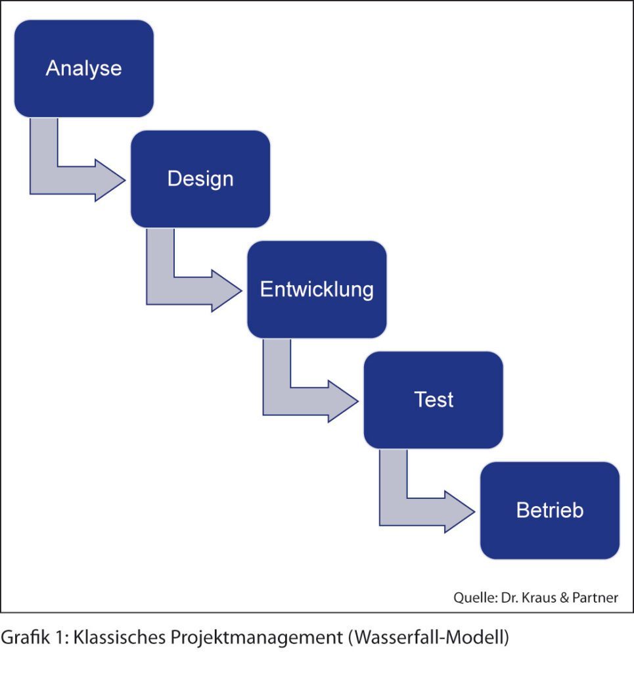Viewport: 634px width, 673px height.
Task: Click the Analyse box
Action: pos(84,68)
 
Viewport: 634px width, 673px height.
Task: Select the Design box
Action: pos(200,179)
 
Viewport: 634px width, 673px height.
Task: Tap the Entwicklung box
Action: pos(317,289)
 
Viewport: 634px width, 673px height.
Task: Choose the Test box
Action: pos(433,400)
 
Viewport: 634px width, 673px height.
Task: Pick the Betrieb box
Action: pos(550,510)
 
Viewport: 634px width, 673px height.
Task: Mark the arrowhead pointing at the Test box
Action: pos(344,402)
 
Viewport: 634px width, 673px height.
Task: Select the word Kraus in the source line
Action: pos(539,597)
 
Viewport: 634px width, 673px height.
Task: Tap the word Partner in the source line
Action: pos(595,597)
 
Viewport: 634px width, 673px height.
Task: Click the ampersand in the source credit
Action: pos(564,597)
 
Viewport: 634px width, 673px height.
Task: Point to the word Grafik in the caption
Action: pos(26,637)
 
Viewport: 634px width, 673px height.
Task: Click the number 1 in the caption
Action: pos(60,637)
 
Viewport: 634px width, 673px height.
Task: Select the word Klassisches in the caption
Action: pos(120,637)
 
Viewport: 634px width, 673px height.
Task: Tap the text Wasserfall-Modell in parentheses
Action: pos(429,637)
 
